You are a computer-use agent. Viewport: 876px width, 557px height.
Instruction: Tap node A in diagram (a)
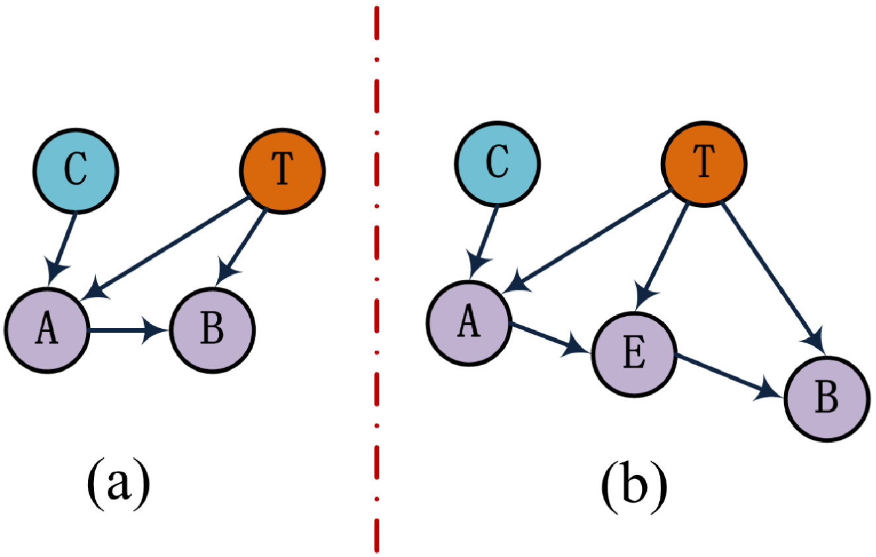point(46,329)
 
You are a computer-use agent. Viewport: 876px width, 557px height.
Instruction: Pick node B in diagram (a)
point(212,329)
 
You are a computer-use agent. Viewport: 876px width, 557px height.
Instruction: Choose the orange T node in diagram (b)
point(705,166)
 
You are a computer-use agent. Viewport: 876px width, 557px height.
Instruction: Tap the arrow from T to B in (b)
point(770,274)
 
